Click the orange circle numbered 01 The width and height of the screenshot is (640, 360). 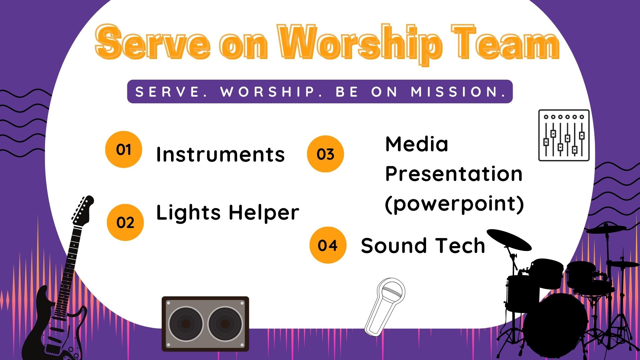click(124, 149)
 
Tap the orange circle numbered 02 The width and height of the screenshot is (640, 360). click(125, 222)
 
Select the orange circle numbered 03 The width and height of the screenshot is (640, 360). click(325, 154)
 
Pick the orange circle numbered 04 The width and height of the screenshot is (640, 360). click(328, 245)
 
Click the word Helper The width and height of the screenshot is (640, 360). click(264, 213)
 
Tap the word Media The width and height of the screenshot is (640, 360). click(417, 144)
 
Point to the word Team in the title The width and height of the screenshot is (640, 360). click(505, 43)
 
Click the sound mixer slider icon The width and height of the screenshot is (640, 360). click(564, 135)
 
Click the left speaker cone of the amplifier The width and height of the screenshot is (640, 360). click(186, 324)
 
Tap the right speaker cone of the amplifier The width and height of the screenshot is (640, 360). click(225, 324)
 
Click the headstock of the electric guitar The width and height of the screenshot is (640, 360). click(83, 210)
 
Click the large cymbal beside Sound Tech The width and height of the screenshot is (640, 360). click(509, 239)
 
